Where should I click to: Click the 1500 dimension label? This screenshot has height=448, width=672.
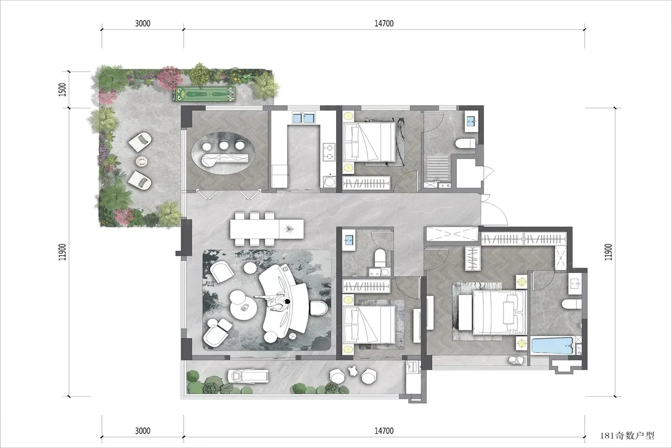click(62, 90)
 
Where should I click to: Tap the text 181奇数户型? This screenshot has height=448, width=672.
click(627, 436)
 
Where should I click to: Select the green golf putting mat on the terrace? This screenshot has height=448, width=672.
click(204, 94)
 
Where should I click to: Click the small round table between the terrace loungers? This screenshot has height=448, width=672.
click(142, 161)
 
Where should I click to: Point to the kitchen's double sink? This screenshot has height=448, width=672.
click(303, 118)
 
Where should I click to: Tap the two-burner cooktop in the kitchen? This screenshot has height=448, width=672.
click(329, 152)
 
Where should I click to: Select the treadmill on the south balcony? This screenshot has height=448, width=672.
click(248, 376)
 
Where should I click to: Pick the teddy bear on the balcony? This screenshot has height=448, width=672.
click(353, 371)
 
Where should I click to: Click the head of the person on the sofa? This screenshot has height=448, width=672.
click(287, 301)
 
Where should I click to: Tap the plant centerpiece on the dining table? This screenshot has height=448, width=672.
click(289, 229)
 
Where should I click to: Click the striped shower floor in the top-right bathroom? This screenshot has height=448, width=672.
click(438, 169)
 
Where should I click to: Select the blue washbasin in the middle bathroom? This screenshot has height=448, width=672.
click(349, 241)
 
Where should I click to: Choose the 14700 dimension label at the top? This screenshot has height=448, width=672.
click(384, 24)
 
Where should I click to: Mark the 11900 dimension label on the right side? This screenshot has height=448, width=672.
click(608, 252)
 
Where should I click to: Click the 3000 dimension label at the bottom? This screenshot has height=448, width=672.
click(143, 431)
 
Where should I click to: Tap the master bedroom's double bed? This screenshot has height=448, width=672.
click(500, 313)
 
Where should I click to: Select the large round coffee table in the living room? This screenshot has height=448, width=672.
click(244, 308)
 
